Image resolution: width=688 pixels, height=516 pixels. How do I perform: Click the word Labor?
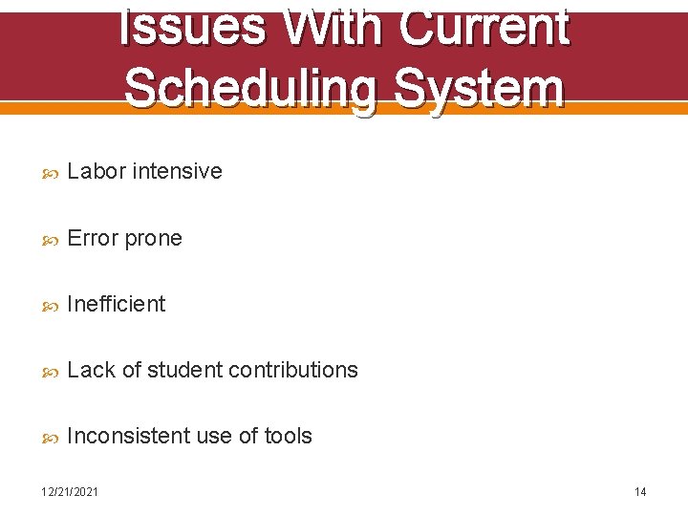97,171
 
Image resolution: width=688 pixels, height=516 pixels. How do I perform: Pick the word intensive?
177,171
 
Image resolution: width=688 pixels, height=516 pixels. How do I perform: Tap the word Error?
94,238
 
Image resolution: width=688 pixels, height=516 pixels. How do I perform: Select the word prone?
153,238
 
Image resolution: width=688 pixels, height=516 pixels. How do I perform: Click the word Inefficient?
117,304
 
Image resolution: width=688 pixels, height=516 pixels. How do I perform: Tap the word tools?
289,436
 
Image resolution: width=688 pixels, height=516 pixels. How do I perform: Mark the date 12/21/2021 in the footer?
69,491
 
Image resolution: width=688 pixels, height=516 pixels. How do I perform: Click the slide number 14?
640,491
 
